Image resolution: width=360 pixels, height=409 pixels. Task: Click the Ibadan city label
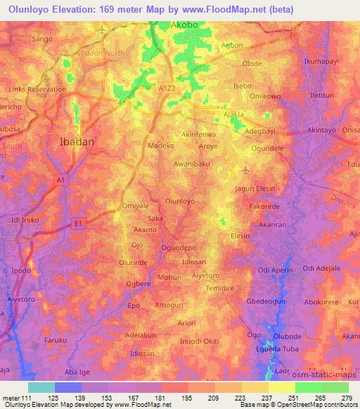(75, 141)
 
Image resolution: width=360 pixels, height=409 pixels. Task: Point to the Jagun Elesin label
(255, 188)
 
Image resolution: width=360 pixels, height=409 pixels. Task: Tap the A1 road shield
(61, 181)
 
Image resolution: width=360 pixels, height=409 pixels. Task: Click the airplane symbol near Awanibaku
(245, 169)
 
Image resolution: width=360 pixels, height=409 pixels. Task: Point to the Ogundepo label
(178, 248)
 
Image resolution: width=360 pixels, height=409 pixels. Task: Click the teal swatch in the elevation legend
(41, 387)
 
